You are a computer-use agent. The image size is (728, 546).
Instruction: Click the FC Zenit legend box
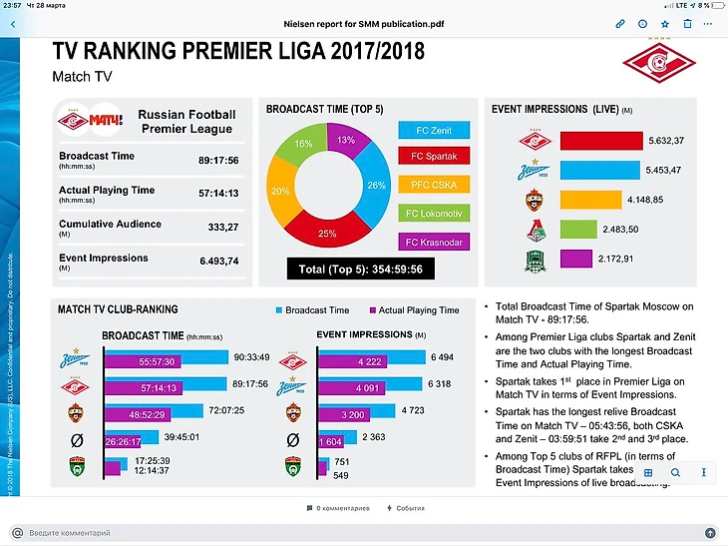(434, 130)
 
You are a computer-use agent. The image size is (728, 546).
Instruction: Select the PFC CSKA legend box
(434, 185)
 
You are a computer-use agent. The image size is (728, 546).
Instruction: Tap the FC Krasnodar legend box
(434, 241)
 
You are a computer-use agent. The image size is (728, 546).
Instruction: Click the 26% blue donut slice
(375, 185)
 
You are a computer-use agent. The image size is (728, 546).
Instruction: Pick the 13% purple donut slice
(346, 142)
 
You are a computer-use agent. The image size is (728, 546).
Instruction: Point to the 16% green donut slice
(304, 145)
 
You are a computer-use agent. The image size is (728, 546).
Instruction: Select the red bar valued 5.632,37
(600, 141)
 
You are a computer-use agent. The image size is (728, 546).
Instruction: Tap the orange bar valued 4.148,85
(590, 200)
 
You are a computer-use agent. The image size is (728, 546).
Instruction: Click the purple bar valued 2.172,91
(576, 259)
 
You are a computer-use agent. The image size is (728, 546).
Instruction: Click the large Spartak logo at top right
(659, 62)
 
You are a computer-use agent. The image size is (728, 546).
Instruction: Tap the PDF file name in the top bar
(364, 22)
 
